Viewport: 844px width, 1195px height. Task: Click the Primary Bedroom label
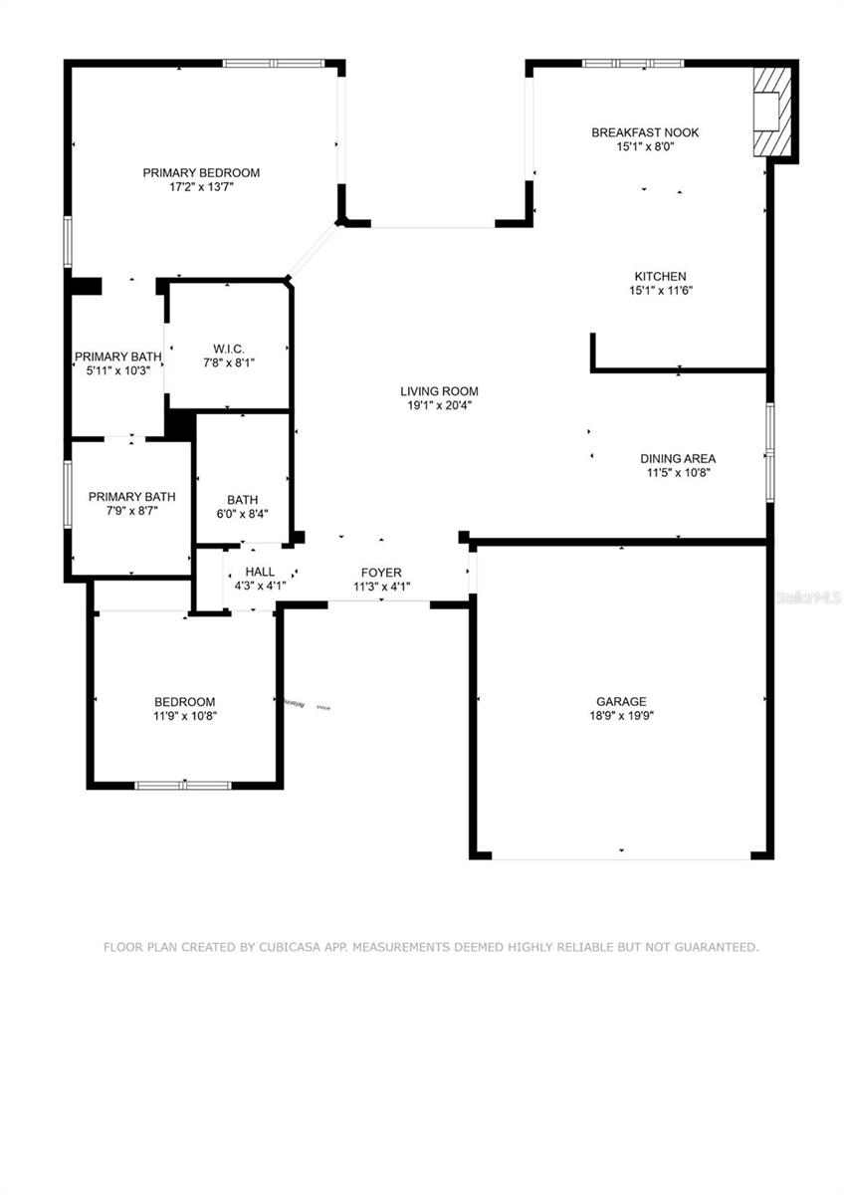click(201, 172)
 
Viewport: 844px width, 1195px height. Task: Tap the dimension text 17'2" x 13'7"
click(201, 186)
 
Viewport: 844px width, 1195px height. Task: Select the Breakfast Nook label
click(645, 132)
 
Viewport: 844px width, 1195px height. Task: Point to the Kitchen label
click(661, 277)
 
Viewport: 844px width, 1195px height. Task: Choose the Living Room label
click(439, 391)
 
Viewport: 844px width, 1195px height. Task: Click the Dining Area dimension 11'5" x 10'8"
click(678, 473)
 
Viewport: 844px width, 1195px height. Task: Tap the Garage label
click(621, 701)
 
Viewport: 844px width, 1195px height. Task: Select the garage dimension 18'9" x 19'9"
click(621, 715)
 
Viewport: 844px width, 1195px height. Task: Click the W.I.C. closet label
click(229, 350)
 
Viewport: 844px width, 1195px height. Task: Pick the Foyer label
click(381, 573)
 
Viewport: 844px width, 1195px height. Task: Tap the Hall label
click(260, 572)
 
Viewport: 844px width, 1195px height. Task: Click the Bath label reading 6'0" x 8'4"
click(242, 500)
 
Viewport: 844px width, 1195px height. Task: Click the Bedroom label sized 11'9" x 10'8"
click(184, 702)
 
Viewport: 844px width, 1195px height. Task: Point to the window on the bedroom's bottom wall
click(183, 785)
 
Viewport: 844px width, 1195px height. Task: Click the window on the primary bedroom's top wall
click(274, 64)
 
